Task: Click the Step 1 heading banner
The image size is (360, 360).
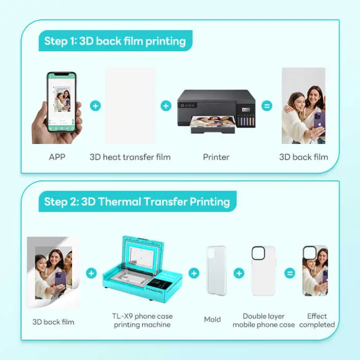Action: coord(116,41)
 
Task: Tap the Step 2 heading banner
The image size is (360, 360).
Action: coord(137,202)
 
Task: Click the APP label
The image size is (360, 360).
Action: coord(57,157)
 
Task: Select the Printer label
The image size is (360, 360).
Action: coord(216,157)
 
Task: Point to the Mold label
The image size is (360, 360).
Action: coord(212,319)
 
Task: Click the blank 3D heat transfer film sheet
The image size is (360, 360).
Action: coord(130,105)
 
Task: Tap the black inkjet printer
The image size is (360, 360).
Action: coord(217,112)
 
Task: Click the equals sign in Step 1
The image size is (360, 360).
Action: coord(267,106)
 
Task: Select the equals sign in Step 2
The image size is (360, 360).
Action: coord(290,273)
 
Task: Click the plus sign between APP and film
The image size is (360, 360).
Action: coord(96,106)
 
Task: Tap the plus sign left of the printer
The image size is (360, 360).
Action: coord(166,106)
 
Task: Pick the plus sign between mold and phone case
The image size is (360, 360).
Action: coord(239,273)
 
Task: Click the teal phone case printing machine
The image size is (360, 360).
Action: coord(142,268)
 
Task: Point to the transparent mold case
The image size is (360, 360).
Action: coord(217,271)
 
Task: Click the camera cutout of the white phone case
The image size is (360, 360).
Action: coord(258,253)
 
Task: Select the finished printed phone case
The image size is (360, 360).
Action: coord(315,271)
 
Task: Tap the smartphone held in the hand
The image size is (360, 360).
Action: coord(62,102)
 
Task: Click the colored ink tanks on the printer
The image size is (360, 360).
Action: coord(246,119)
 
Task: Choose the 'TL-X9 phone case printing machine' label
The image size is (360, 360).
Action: coord(142,320)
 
